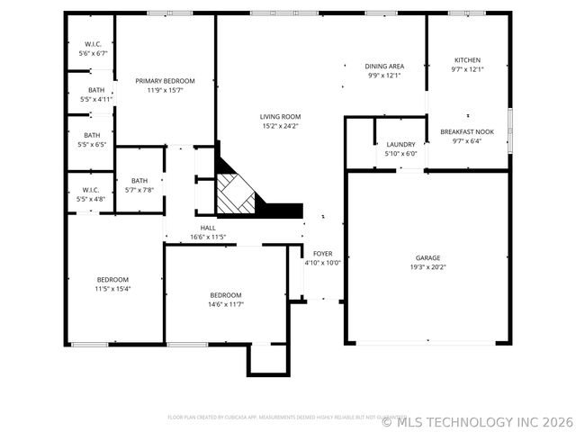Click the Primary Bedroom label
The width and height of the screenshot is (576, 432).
click(165, 81)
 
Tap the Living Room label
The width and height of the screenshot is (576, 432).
click(280, 117)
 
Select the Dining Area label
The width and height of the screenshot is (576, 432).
click(383, 66)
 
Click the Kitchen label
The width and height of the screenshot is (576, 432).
click(467, 60)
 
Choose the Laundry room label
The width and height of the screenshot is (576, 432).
click(400, 144)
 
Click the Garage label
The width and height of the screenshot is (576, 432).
click(427, 258)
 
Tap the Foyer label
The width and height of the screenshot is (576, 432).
click(322, 254)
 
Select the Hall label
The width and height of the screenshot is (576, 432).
click(208, 229)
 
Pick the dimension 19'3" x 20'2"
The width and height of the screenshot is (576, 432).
click(427, 267)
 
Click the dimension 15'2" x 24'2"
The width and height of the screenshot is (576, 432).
click(280, 126)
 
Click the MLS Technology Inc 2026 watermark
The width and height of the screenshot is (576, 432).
click(477, 420)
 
